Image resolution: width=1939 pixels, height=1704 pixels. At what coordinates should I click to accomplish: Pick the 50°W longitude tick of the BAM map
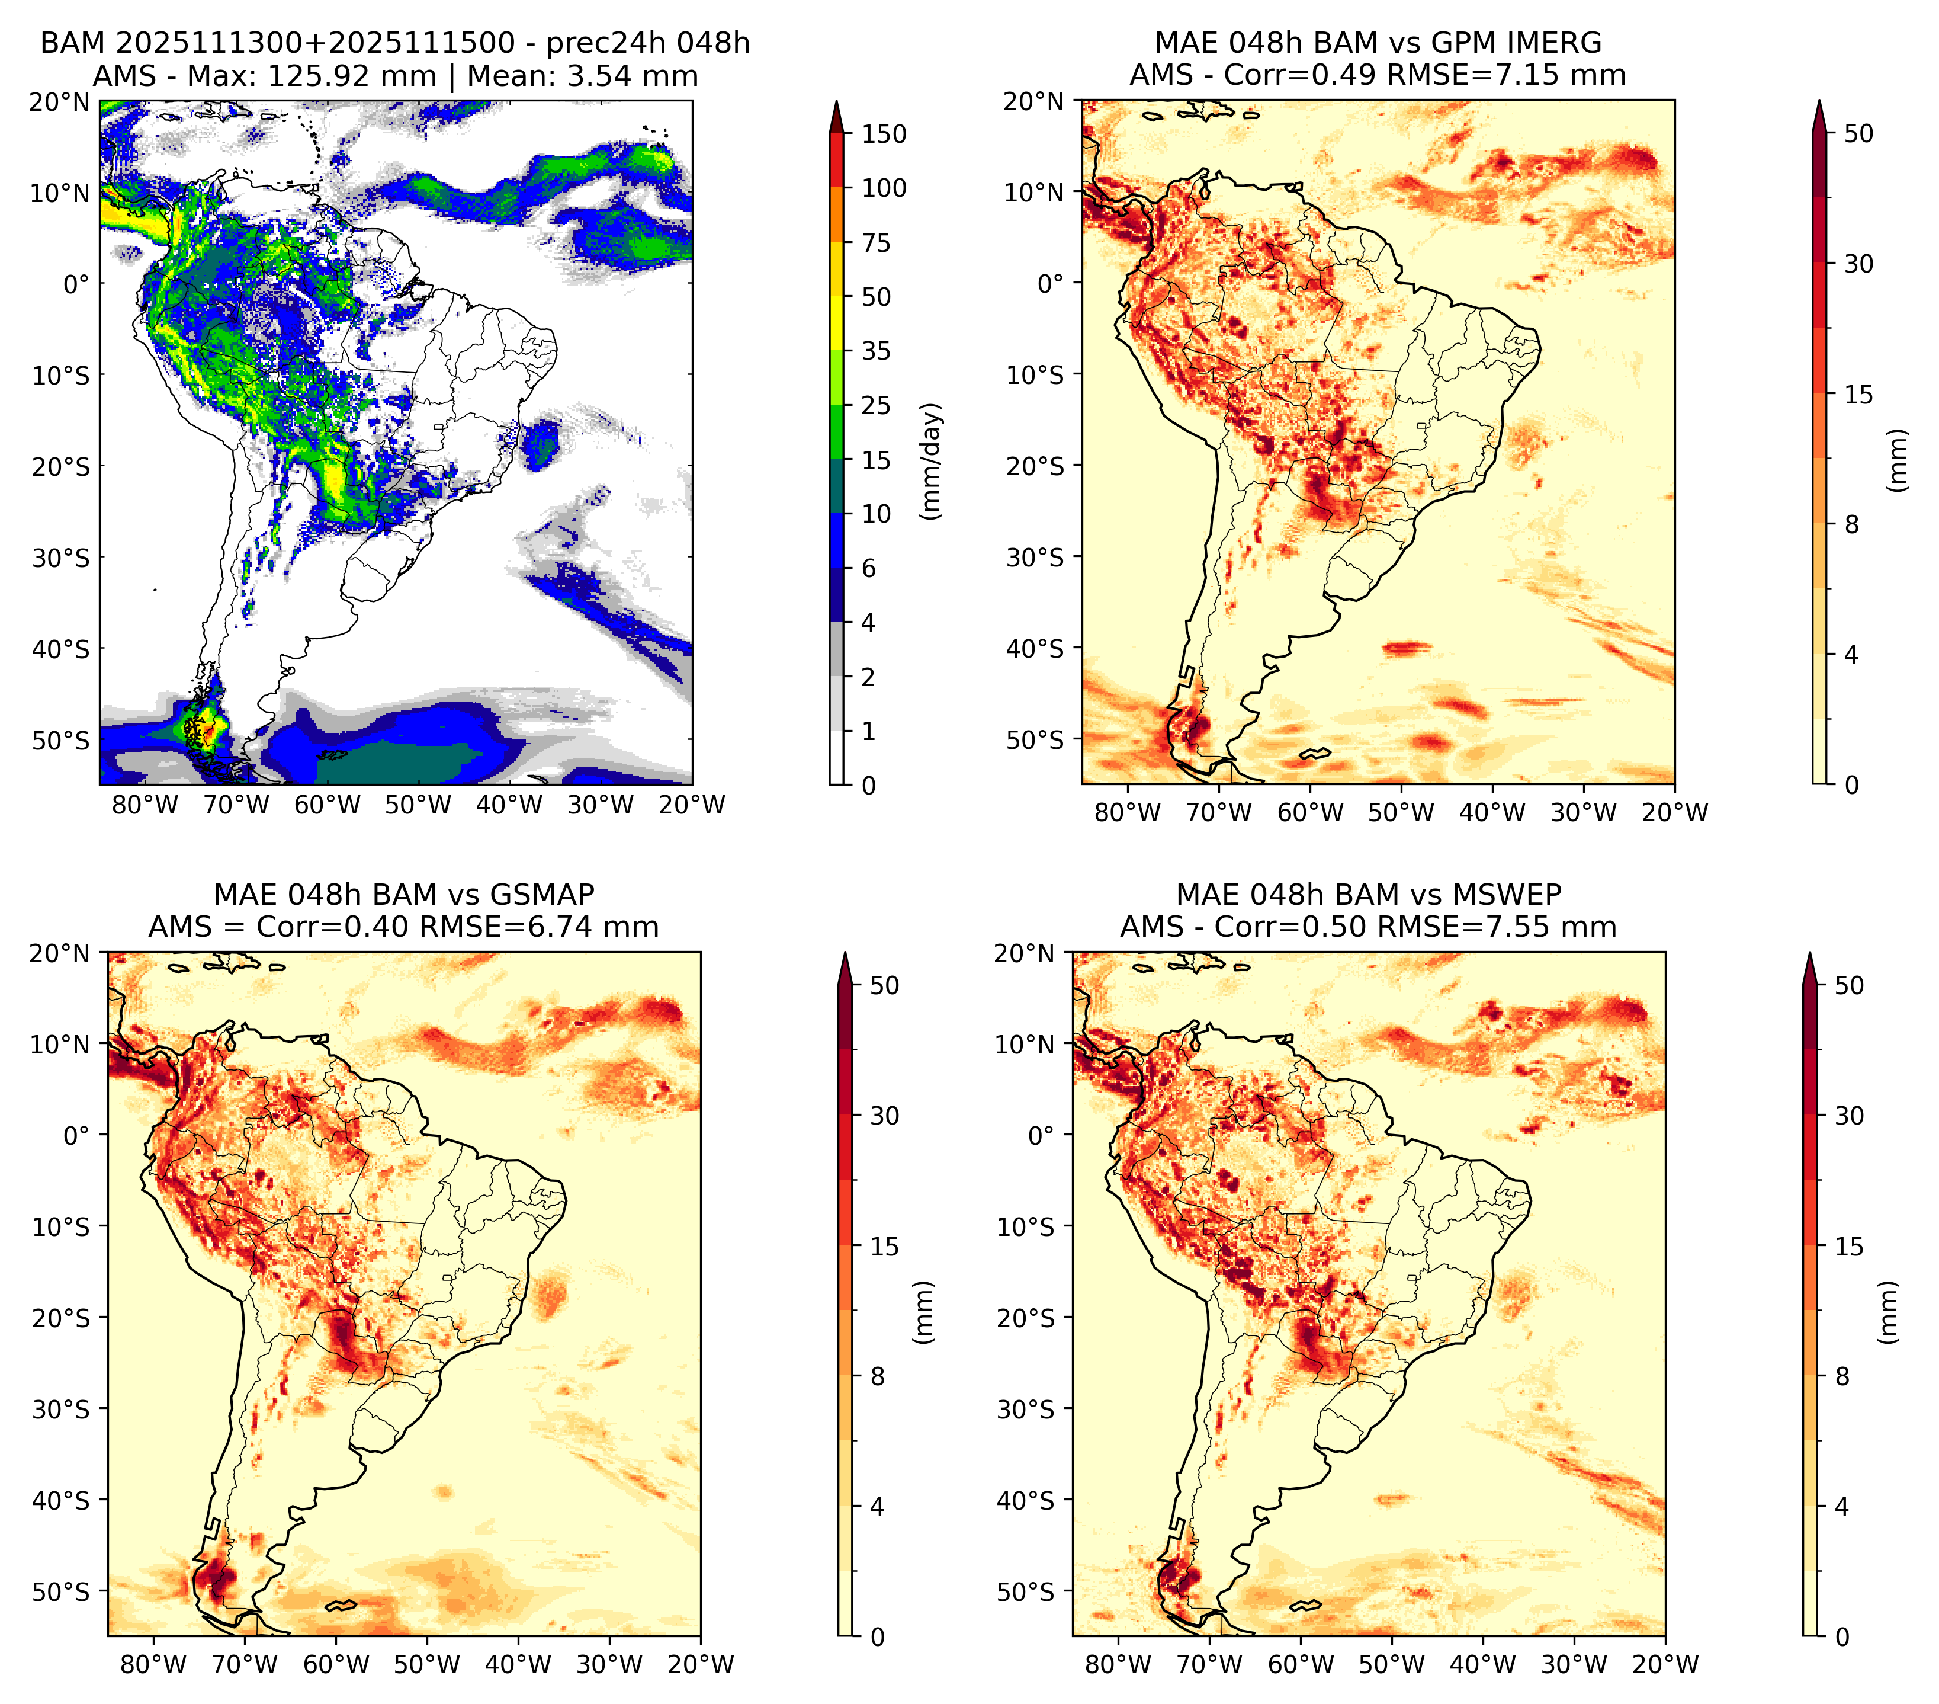(418, 805)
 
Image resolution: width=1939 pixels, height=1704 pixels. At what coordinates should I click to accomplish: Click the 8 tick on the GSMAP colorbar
(877, 1377)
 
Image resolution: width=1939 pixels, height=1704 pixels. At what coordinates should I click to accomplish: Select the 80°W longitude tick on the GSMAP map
(153, 1664)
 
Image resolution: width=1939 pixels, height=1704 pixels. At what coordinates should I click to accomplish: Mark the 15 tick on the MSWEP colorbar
(1849, 1247)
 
